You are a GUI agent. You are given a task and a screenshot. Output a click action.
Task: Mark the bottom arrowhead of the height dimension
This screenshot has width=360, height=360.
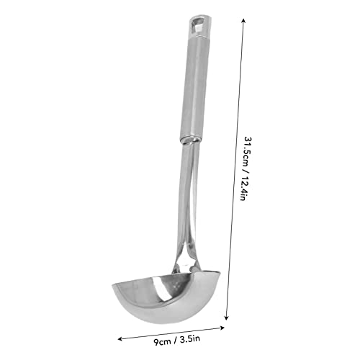[228, 317]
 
